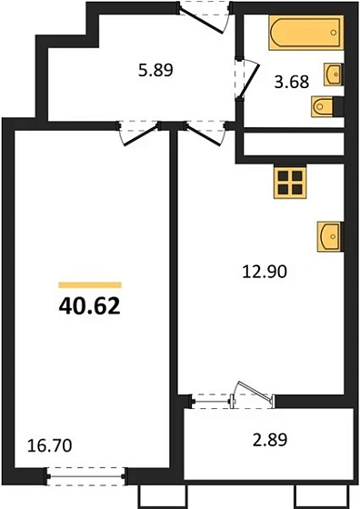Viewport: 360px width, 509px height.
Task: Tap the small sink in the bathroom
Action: point(334,72)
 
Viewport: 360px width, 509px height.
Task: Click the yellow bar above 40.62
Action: point(90,284)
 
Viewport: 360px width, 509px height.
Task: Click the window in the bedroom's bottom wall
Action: point(86,472)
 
